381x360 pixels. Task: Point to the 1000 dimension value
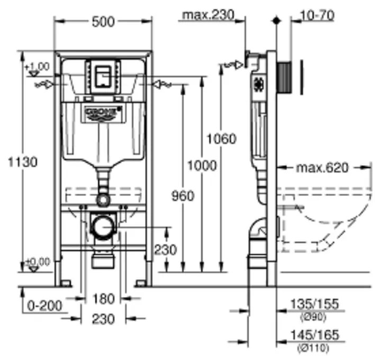[202, 166]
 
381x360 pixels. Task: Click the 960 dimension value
[183, 195]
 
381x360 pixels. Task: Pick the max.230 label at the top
[208, 15]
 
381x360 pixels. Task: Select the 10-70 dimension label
[317, 15]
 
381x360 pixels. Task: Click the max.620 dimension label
[322, 168]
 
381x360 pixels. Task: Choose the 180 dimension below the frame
[103, 299]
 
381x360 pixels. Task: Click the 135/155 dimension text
[314, 304]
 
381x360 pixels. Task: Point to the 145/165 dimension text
[314, 336]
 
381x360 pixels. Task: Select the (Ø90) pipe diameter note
[314, 317]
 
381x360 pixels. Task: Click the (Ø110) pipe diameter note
[314, 348]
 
